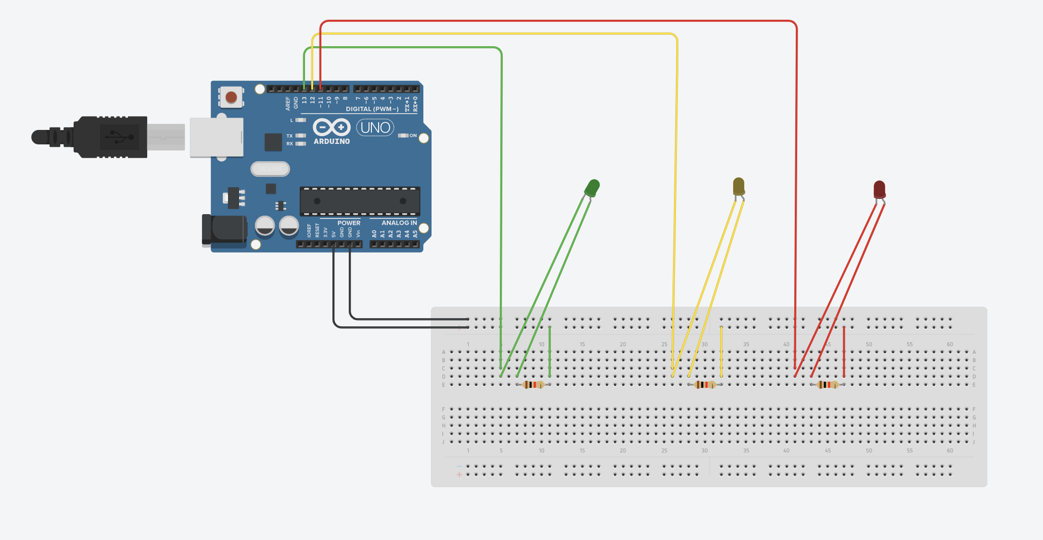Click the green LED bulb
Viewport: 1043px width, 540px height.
[x=592, y=187]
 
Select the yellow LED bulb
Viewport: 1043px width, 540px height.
[x=738, y=186]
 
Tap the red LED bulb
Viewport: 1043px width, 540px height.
[x=879, y=189]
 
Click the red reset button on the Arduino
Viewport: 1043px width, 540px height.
[x=231, y=97]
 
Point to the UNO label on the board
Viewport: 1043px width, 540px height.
[x=375, y=128]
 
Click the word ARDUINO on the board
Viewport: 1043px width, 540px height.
[x=331, y=141]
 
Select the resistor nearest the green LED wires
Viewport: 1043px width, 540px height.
[x=533, y=385]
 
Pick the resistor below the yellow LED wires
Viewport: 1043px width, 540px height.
[x=705, y=385]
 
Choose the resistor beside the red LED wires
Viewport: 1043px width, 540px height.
[x=827, y=385]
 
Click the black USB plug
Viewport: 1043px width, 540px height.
[x=111, y=137]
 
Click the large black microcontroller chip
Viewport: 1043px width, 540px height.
[x=360, y=201]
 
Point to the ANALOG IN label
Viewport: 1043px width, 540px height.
[x=399, y=223]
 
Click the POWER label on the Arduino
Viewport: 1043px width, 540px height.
[x=349, y=223]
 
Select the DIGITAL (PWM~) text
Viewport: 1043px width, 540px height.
[x=372, y=109]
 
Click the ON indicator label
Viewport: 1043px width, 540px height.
[x=413, y=136]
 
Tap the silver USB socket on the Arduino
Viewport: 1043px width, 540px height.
[x=216, y=138]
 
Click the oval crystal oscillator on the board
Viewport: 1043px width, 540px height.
[x=270, y=169]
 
